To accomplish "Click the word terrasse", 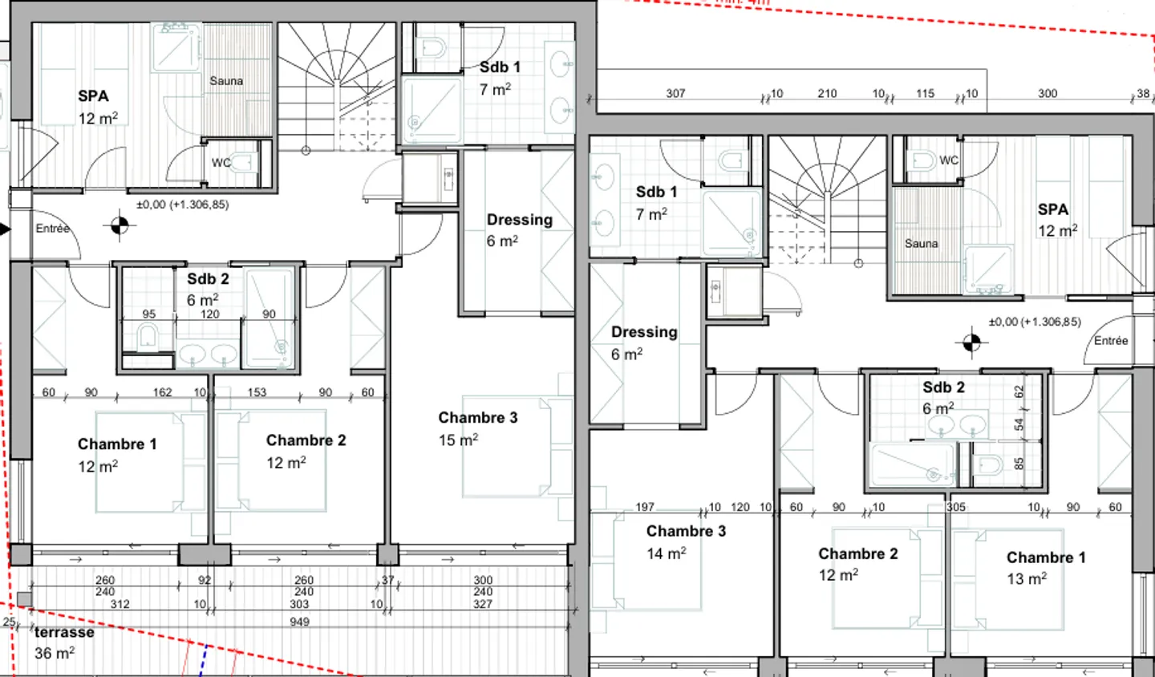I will click(x=64, y=632).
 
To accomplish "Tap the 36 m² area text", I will click(x=54, y=654).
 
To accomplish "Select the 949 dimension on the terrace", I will click(x=299, y=622).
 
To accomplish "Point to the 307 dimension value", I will click(x=675, y=93).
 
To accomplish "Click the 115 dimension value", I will click(x=925, y=93).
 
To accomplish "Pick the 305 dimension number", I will click(x=955, y=507).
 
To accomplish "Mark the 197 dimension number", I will click(x=645, y=507).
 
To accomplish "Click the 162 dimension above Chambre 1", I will click(x=162, y=392).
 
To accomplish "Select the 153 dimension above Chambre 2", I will click(x=257, y=392).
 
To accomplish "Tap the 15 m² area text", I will click(x=458, y=440).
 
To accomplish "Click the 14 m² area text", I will click(x=666, y=553).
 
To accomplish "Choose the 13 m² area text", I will click(x=1027, y=579).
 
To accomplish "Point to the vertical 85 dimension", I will click(x=1019, y=464).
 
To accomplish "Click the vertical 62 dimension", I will click(x=1019, y=392).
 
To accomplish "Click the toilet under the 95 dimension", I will click(x=147, y=337).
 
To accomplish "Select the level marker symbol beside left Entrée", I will click(x=119, y=227).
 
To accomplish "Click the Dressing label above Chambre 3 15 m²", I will click(x=519, y=220).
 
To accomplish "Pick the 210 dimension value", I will click(x=827, y=93).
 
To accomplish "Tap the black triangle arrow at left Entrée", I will click(x=5, y=229).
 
